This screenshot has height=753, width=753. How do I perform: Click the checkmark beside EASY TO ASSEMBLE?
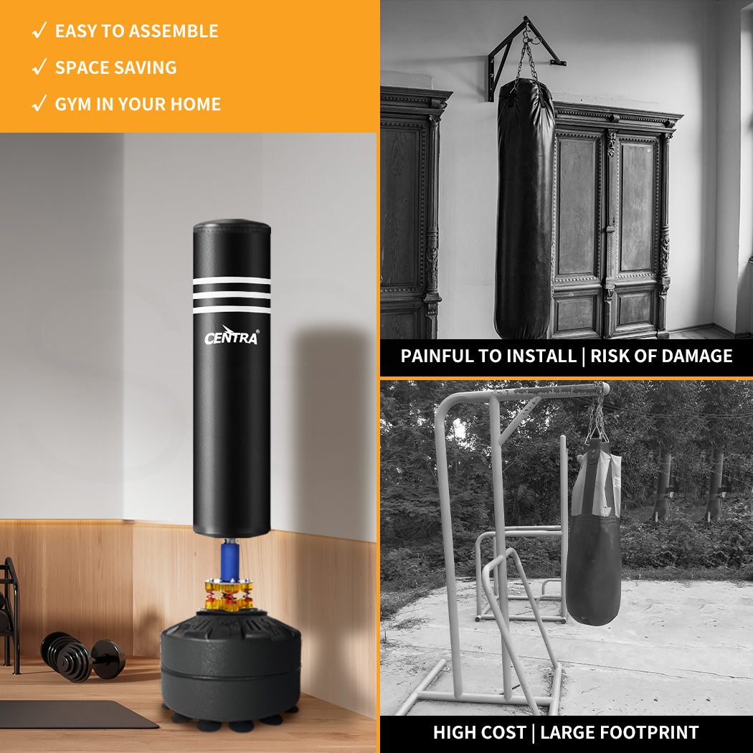click(x=39, y=30)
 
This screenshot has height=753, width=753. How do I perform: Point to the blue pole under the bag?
click(x=230, y=560)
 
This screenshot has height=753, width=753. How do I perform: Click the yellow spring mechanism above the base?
click(x=229, y=595)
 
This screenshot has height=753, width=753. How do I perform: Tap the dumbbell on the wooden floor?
click(x=82, y=656)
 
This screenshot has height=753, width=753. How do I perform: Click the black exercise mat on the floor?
click(x=72, y=714)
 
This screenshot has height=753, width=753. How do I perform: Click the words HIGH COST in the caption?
click(x=479, y=732)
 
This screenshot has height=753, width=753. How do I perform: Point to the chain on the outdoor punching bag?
click(x=597, y=414)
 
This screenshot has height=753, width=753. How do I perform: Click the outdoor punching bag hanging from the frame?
click(x=595, y=532)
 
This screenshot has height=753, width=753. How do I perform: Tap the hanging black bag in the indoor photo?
click(x=524, y=209)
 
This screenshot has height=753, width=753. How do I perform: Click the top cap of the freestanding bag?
click(x=232, y=226)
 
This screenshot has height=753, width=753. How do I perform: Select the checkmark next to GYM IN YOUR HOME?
click(x=39, y=103)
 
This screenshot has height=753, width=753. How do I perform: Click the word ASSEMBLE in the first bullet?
click(x=174, y=32)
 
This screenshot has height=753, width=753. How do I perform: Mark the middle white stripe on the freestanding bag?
click(x=232, y=295)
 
